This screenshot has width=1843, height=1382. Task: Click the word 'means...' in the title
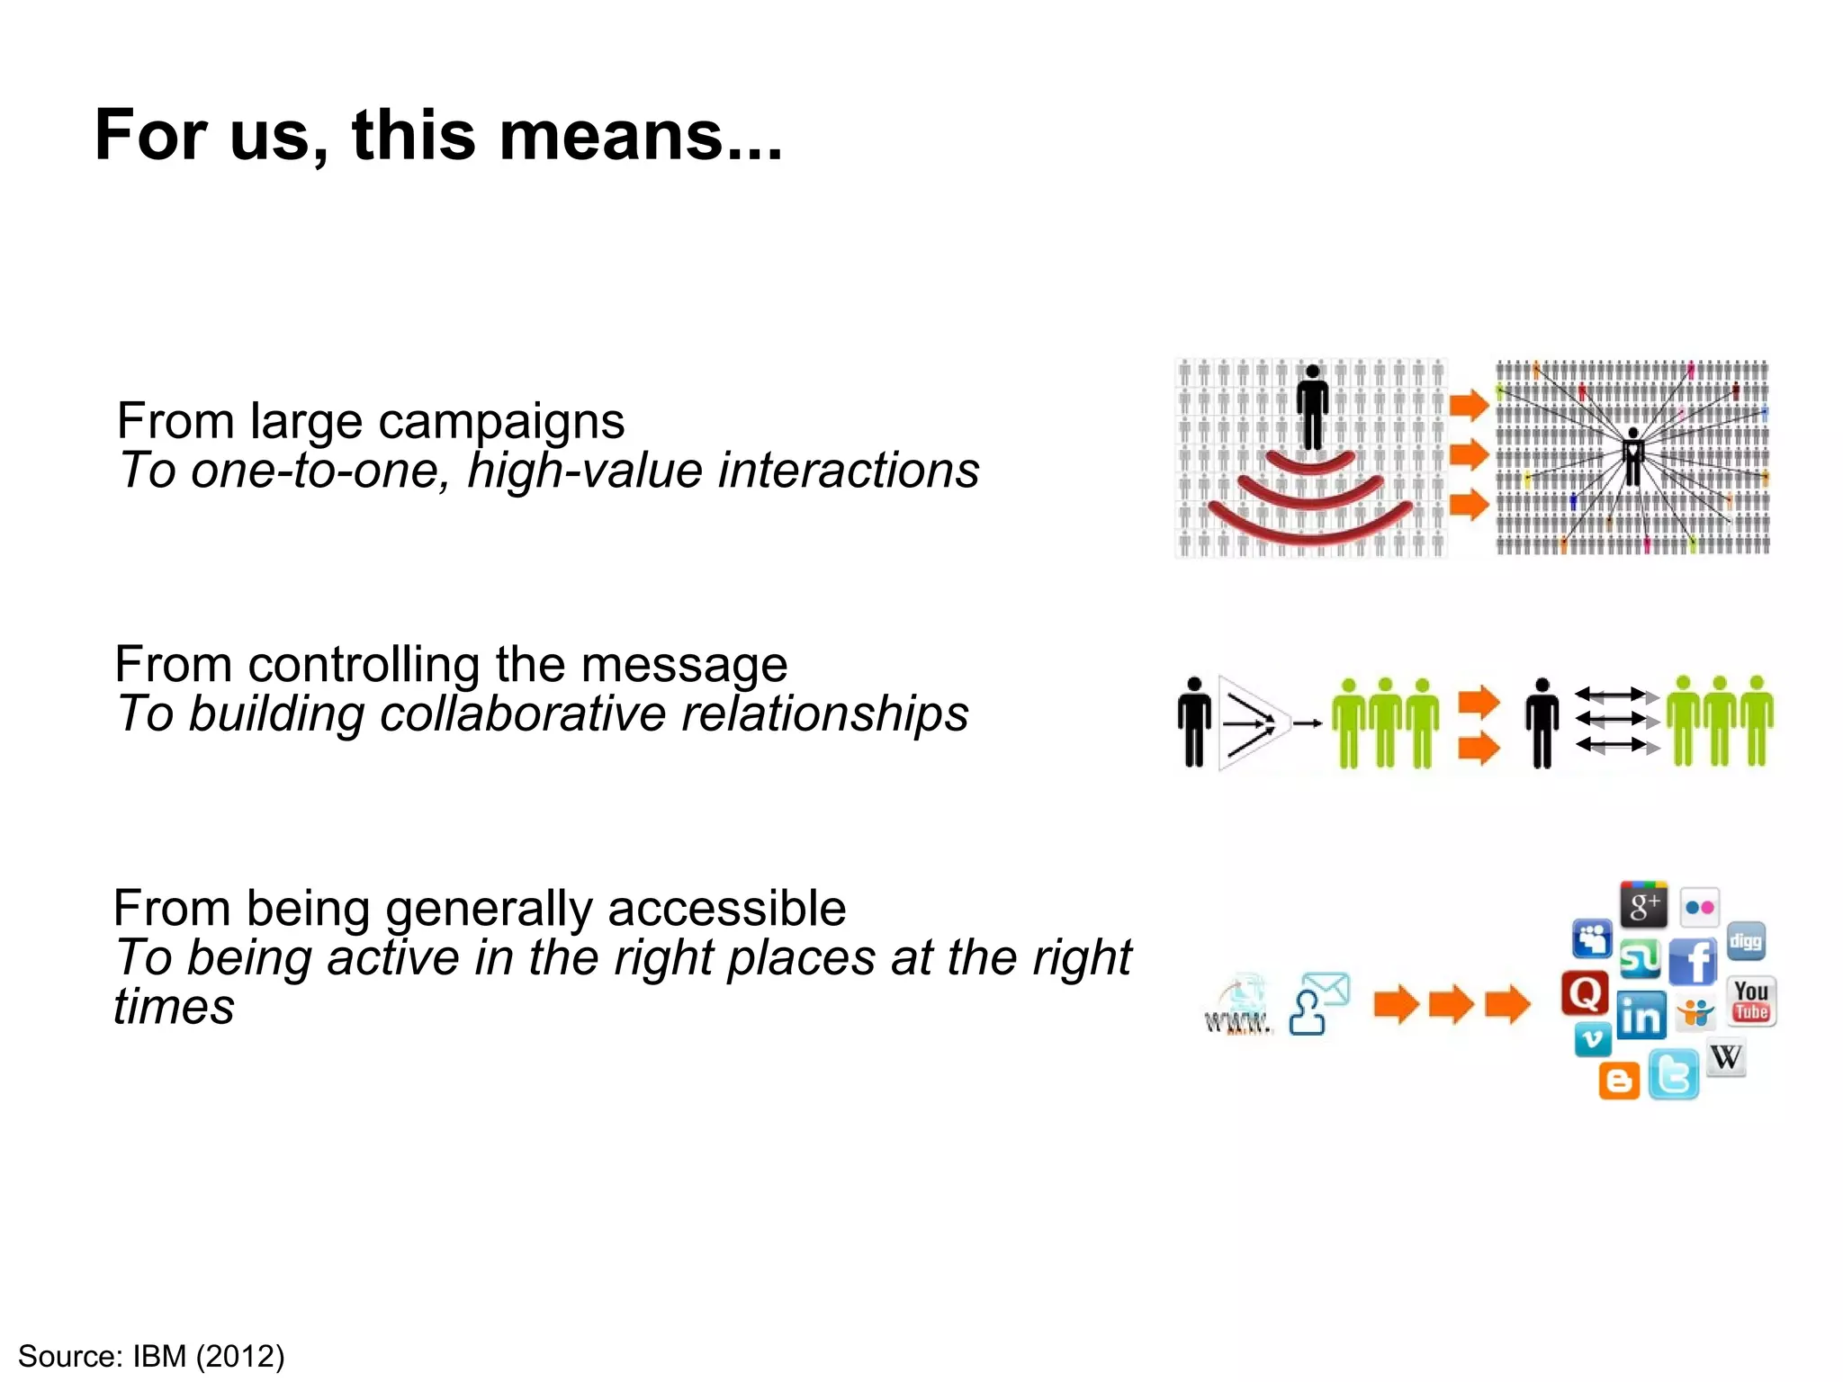(641, 136)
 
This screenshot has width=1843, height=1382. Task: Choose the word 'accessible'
(726, 909)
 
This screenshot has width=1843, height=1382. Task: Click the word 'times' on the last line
(174, 1007)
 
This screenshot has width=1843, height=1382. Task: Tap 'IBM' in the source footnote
(159, 1356)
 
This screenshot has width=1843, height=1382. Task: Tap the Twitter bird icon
(1674, 1074)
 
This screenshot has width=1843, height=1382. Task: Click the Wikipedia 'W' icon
(1726, 1057)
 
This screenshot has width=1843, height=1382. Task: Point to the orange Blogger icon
(1619, 1081)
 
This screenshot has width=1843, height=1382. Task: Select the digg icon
(1746, 942)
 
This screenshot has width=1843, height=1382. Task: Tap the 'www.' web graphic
(1239, 1007)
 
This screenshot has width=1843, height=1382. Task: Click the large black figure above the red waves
(1313, 408)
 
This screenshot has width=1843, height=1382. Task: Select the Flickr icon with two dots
(1700, 908)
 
